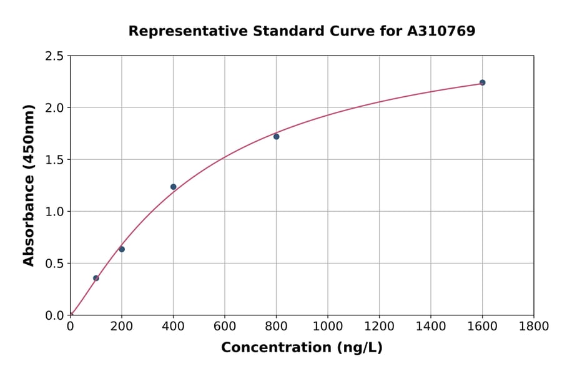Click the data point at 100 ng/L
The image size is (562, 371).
[x=96, y=278]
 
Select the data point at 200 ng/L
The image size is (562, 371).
[x=122, y=249]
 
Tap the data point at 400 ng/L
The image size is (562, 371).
[x=174, y=187]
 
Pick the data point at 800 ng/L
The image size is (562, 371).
[x=277, y=136]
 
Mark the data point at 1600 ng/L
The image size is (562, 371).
[x=482, y=82]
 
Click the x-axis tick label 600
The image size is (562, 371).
[x=225, y=326]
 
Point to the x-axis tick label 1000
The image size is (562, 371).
[x=328, y=326]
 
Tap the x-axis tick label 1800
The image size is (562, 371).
[x=534, y=326]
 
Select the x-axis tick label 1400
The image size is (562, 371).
[x=431, y=326]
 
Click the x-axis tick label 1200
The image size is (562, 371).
[x=379, y=326]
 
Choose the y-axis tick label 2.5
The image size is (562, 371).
[x=54, y=56]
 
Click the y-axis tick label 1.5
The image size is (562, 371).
[x=54, y=160]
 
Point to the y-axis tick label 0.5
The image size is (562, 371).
[x=54, y=264]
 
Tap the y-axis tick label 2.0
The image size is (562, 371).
[x=54, y=108]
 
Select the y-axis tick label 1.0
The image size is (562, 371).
[x=54, y=212]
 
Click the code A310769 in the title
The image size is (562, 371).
[x=441, y=31]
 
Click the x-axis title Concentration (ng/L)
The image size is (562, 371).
[x=302, y=347]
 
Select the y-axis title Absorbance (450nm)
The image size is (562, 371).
[x=29, y=185]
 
